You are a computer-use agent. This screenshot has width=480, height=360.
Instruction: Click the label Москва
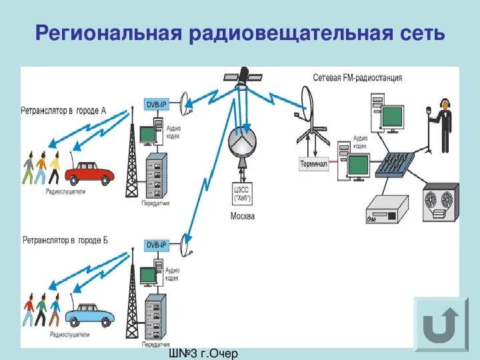[x=242, y=216]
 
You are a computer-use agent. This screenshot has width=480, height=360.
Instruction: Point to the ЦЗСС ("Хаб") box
[x=242, y=192]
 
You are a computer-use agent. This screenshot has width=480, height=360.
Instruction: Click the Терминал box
[x=314, y=164]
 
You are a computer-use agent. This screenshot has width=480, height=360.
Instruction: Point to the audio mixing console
[x=394, y=165]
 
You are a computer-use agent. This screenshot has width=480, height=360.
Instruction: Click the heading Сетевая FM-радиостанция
[x=357, y=78]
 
